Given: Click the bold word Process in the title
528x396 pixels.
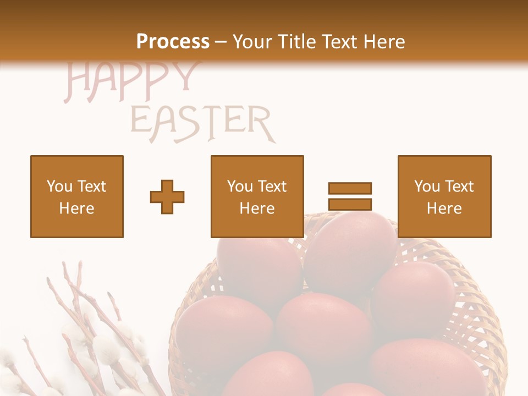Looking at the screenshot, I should (173, 42).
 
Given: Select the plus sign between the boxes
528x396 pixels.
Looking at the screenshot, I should (167, 196).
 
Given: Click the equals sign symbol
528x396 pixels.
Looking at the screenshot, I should (350, 196).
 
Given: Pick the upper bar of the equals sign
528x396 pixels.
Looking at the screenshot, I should (350, 188).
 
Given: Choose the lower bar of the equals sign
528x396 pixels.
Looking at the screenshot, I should (350, 204).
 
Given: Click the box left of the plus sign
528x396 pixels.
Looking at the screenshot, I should (77, 196).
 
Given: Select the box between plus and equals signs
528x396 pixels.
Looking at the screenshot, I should (257, 196).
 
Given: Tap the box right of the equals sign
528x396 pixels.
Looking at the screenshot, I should (444, 196).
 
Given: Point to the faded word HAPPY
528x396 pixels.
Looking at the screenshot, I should (131, 81).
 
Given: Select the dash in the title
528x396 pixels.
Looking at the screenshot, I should (221, 42).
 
